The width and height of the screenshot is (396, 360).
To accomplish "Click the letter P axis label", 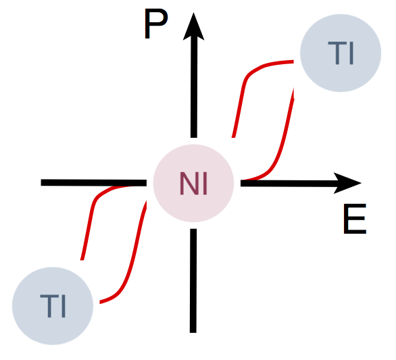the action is (156, 24).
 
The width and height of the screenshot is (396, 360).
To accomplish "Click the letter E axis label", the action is (355, 219).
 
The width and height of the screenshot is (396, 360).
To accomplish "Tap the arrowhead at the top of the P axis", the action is (193, 26).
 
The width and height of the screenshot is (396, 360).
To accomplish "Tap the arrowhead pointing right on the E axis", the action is (347, 183).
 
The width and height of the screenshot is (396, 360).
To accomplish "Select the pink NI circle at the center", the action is (193, 183).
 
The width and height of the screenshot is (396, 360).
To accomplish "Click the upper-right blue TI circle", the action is (341, 53).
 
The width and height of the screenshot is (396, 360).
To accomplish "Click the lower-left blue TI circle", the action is (53, 306).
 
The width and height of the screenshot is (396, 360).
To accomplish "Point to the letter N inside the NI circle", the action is (189, 183).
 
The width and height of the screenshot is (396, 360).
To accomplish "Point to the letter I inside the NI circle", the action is (205, 183).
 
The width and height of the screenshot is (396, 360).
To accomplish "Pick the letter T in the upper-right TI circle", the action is (337, 53).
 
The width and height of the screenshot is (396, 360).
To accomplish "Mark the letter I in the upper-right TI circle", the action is (351, 53).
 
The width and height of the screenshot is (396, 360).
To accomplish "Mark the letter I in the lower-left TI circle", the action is (64, 306).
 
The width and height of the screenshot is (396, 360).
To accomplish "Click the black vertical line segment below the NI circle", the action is (193, 281).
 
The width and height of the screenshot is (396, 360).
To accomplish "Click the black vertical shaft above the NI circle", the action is (194, 88).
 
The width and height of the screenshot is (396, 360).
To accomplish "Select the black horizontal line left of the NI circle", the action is (94, 182).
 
